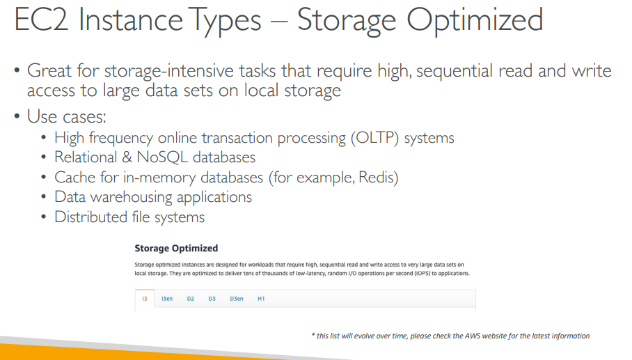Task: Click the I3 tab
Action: tap(145, 299)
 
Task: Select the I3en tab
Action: tap(167, 299)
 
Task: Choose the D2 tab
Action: tap(190, 299)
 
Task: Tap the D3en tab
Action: tap(237, 299)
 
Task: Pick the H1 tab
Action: tap(261, 299)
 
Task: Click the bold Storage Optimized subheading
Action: tap(176, 249)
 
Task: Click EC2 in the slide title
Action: tap(41, 19)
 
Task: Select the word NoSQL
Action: tap(162, 157)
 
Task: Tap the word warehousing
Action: tap(132, 197)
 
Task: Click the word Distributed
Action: tap(90, 217)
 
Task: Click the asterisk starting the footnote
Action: tap(313, 335)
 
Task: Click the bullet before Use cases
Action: tap(17, 116)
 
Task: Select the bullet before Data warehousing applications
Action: tap(44, 197)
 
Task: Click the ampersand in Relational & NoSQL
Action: tap(127, 157)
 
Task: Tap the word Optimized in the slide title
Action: tap(475, 21)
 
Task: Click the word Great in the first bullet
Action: tap(49, 70)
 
